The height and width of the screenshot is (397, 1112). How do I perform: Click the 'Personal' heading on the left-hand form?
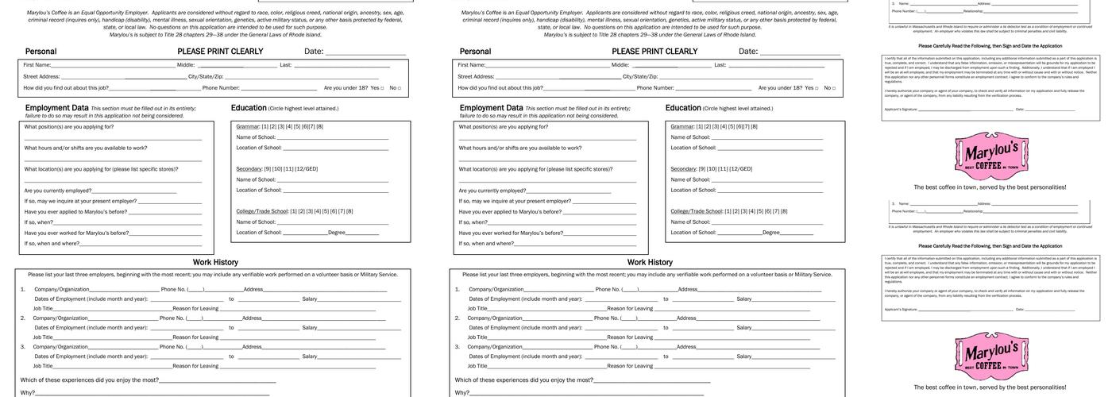[41, 52]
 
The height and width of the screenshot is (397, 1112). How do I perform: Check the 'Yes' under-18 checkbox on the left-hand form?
[381, 88]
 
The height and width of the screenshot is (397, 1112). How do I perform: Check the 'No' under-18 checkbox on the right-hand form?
[834, 88]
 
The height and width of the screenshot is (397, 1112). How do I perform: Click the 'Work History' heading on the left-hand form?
[215, 262]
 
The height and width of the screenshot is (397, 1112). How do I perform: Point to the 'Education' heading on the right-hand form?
[683, 108]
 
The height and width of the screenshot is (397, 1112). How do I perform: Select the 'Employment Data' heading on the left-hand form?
[56, 108]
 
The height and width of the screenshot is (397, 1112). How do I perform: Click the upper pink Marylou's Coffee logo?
[990, 156]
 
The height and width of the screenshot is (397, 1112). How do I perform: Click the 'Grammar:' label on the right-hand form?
[682, 126]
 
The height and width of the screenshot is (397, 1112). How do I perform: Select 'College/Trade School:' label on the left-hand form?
[262, 211]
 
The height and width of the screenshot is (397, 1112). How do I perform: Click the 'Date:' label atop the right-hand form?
[748, 52]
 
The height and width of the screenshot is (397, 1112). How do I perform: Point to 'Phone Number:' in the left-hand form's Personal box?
[221, 88]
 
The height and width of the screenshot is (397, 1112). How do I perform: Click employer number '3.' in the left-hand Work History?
[23, 346]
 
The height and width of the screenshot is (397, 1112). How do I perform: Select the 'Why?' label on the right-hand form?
[461, 392]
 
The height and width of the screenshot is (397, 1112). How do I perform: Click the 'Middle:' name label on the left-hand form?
[186, 65]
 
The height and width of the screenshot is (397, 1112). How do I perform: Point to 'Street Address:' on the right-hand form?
[476, 76]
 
